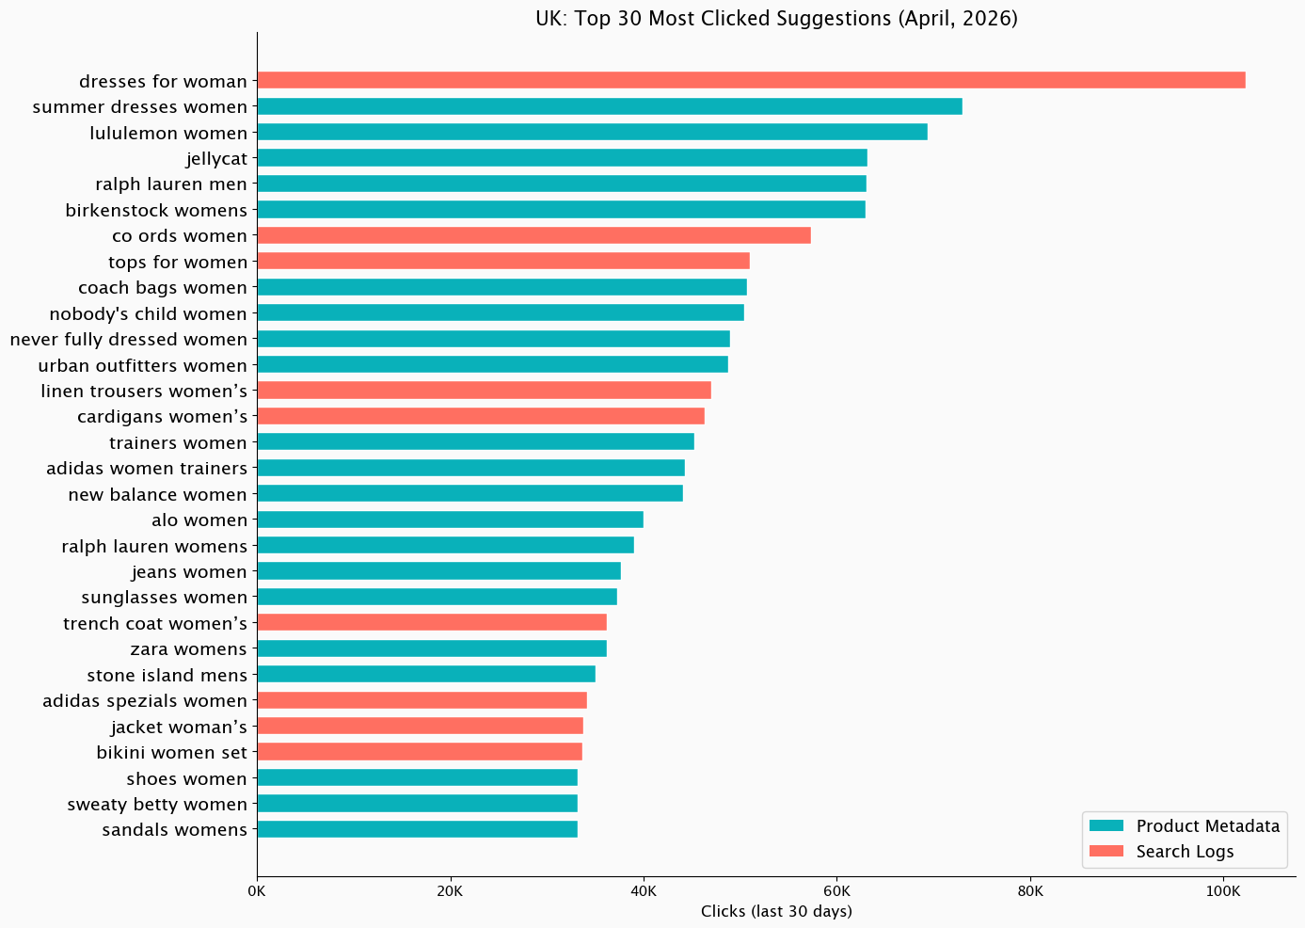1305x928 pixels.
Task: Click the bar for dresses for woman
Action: tap(751, 81)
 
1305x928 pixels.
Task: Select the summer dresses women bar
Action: tap(609, 106)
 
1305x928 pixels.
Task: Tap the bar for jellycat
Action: tap(562, 158)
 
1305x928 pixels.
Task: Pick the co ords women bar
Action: tap(533, 235)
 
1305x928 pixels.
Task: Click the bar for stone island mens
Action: tap(425, 674)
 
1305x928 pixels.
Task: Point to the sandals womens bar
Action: tap(417, 829)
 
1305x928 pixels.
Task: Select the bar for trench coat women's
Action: tap(431, 622)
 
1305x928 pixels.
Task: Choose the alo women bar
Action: tap(450, 520)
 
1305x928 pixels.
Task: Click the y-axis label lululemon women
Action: tap(168, 133)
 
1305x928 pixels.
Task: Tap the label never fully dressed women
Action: tap(129, 339)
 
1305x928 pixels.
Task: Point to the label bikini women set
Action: tap(171, 752)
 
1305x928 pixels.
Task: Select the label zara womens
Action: tap(188, 648)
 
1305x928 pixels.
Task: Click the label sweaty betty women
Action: tap(157, 804)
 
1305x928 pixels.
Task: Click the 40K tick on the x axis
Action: tap(644, 890)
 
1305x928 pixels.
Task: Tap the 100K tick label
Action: tap(1223, 890)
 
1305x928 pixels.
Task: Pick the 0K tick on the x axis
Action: tap(257, 890)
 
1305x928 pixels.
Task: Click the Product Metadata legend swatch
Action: tap(1106, 826)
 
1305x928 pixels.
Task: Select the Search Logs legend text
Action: tap(1185, 852)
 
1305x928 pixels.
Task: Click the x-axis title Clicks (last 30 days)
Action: tap(776, 911)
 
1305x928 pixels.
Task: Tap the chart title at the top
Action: tap(776, 19)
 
